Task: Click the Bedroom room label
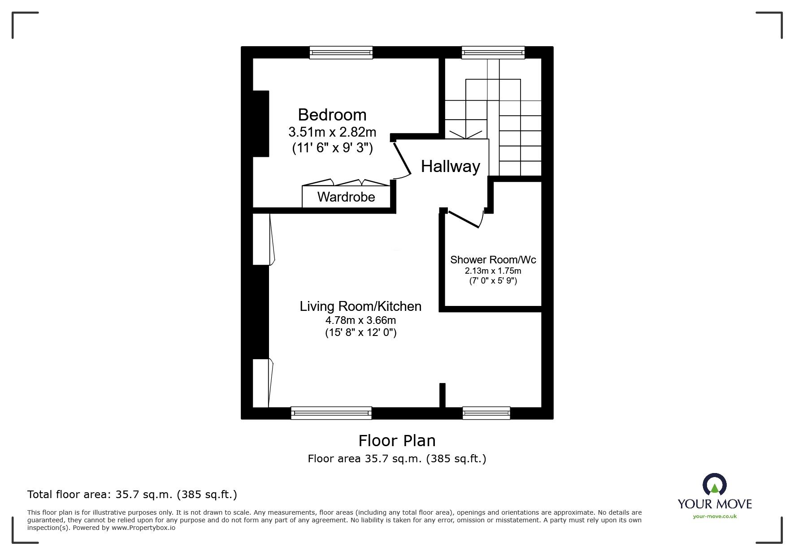click(332, 115)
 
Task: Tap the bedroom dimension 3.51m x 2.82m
click(332, 132)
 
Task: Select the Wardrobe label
click(346, 197)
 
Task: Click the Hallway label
click(450, 167)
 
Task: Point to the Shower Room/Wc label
click(493, 260)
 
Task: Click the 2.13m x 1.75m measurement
click(493, 271)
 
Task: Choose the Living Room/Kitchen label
click(360, 306)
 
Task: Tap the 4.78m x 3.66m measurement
click(360, 320)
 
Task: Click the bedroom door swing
click(402, 160)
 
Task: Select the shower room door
click(464, 219)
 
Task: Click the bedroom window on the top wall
click(341, 52)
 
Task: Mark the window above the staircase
click(493, 52)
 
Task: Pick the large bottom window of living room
click(331, 413)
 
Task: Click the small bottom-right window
click(486, 413)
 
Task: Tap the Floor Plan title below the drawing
click(397, 441)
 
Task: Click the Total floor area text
click(132, 495)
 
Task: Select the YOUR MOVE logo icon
click(714, 485)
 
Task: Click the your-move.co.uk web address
click(715, 516)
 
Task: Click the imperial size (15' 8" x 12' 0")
click(360, 333)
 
